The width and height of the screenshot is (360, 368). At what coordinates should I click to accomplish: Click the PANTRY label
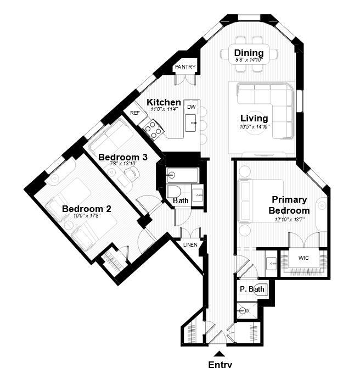[185, 67]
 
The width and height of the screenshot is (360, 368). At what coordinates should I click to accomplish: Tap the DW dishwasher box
[192, 107]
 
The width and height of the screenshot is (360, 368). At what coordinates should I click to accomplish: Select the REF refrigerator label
[135, 113]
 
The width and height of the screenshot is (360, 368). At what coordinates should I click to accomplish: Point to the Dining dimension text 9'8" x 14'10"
[249, 60]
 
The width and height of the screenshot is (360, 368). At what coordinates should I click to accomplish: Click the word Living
[254, 118]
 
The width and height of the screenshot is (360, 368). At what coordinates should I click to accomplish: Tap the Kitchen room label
[164, 102]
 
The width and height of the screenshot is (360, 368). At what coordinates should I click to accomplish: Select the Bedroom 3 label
[123, 157]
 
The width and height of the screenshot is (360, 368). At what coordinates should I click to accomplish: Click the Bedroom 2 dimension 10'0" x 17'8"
[87, 216]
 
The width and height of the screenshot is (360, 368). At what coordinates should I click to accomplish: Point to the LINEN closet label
[190, 245]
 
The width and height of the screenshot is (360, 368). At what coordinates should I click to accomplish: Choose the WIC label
[303, 258]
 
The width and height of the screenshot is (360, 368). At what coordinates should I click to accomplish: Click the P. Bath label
[252, 289]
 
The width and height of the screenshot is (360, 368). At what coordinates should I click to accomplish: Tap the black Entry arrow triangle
[220, 354]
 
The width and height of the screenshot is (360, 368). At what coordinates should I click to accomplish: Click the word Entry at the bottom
[220, 364]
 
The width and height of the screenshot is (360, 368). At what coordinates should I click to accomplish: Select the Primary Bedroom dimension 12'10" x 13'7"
[289, 220]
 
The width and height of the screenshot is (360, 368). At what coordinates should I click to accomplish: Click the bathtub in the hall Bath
[182, 175]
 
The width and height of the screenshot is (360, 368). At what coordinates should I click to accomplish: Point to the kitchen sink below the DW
[190, 122]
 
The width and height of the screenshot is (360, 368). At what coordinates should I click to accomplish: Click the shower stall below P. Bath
[247, 311]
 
